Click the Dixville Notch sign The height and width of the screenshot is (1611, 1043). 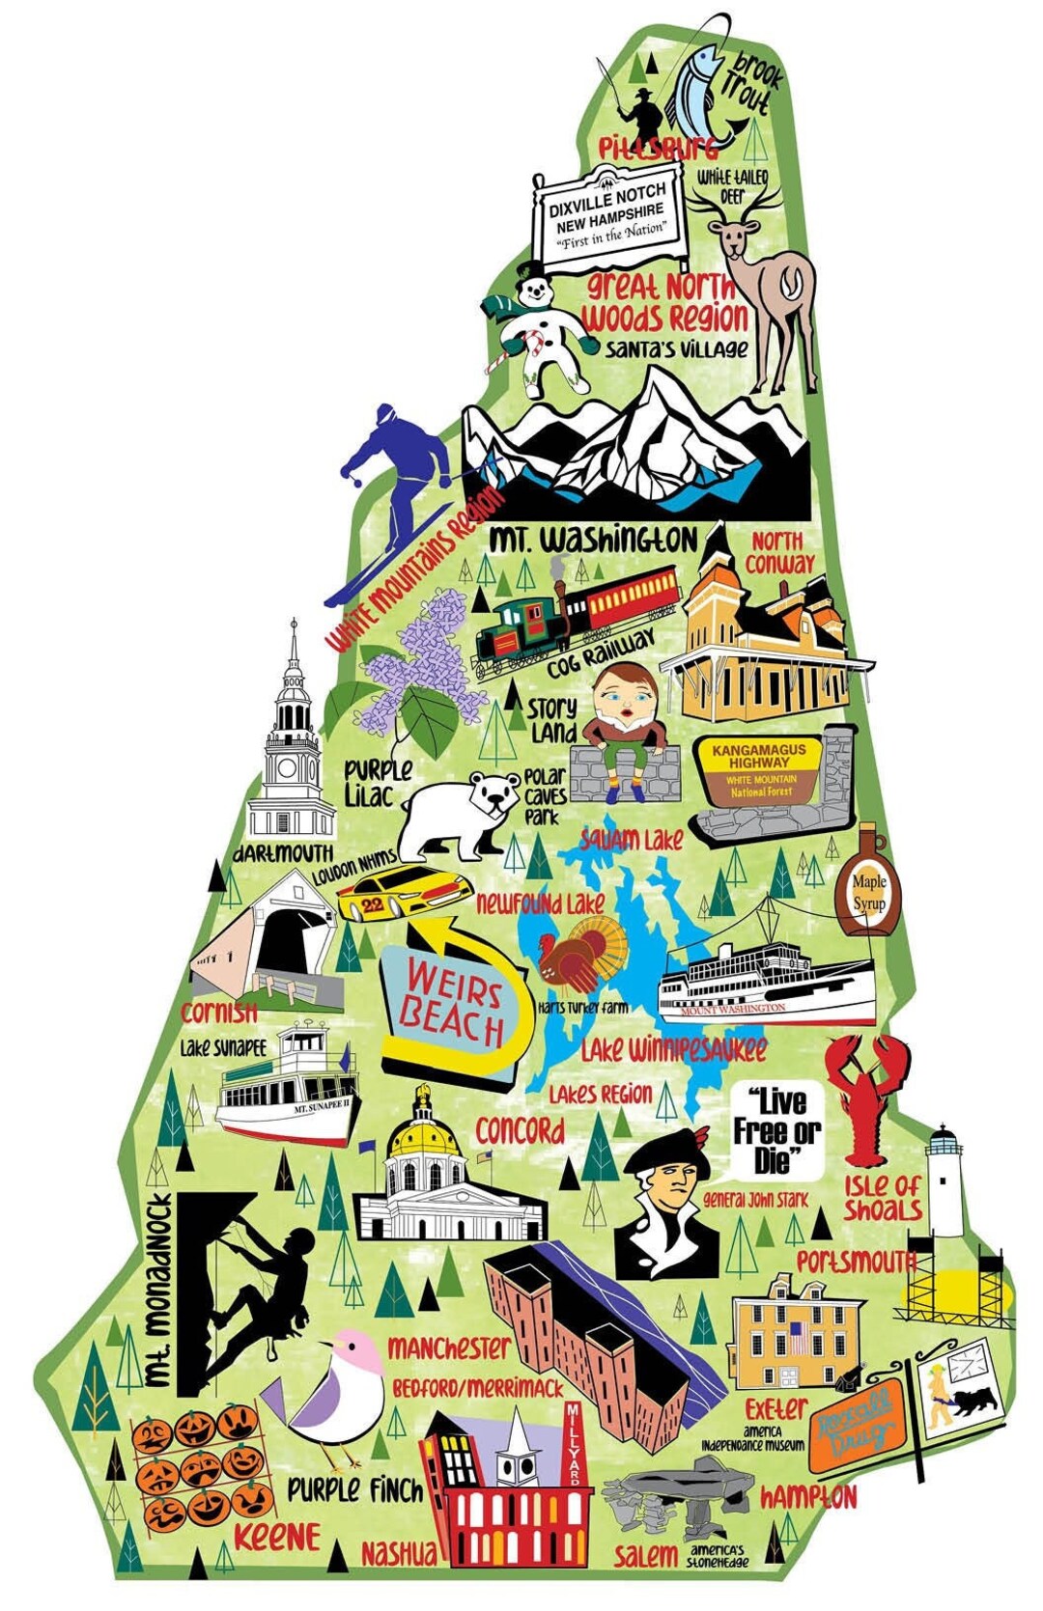[x=609, y=217]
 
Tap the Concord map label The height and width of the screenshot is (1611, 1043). [x=520, y=1130]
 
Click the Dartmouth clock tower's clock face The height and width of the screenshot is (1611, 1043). [x=289, y=767]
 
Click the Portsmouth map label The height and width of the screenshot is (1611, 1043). [x=856, y=1262]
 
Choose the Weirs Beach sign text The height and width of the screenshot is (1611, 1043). [x=454, y=1008]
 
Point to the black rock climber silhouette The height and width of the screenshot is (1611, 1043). [x=270, y=1289]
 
